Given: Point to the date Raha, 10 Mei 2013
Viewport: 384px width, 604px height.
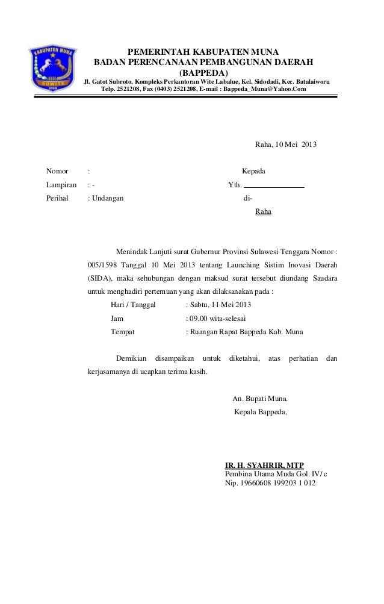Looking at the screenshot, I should click(286, 145).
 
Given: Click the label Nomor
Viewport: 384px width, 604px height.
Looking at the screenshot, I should click(57, 172).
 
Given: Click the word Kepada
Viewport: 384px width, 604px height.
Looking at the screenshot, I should click(254, 172).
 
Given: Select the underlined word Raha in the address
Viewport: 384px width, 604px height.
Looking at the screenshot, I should click(263, 212).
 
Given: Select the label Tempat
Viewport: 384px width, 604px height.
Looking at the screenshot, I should click(123, 332).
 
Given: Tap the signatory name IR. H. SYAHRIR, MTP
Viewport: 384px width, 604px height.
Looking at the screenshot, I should click(264, 465).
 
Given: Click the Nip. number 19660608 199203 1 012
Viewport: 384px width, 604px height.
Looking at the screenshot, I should click(276, 483).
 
